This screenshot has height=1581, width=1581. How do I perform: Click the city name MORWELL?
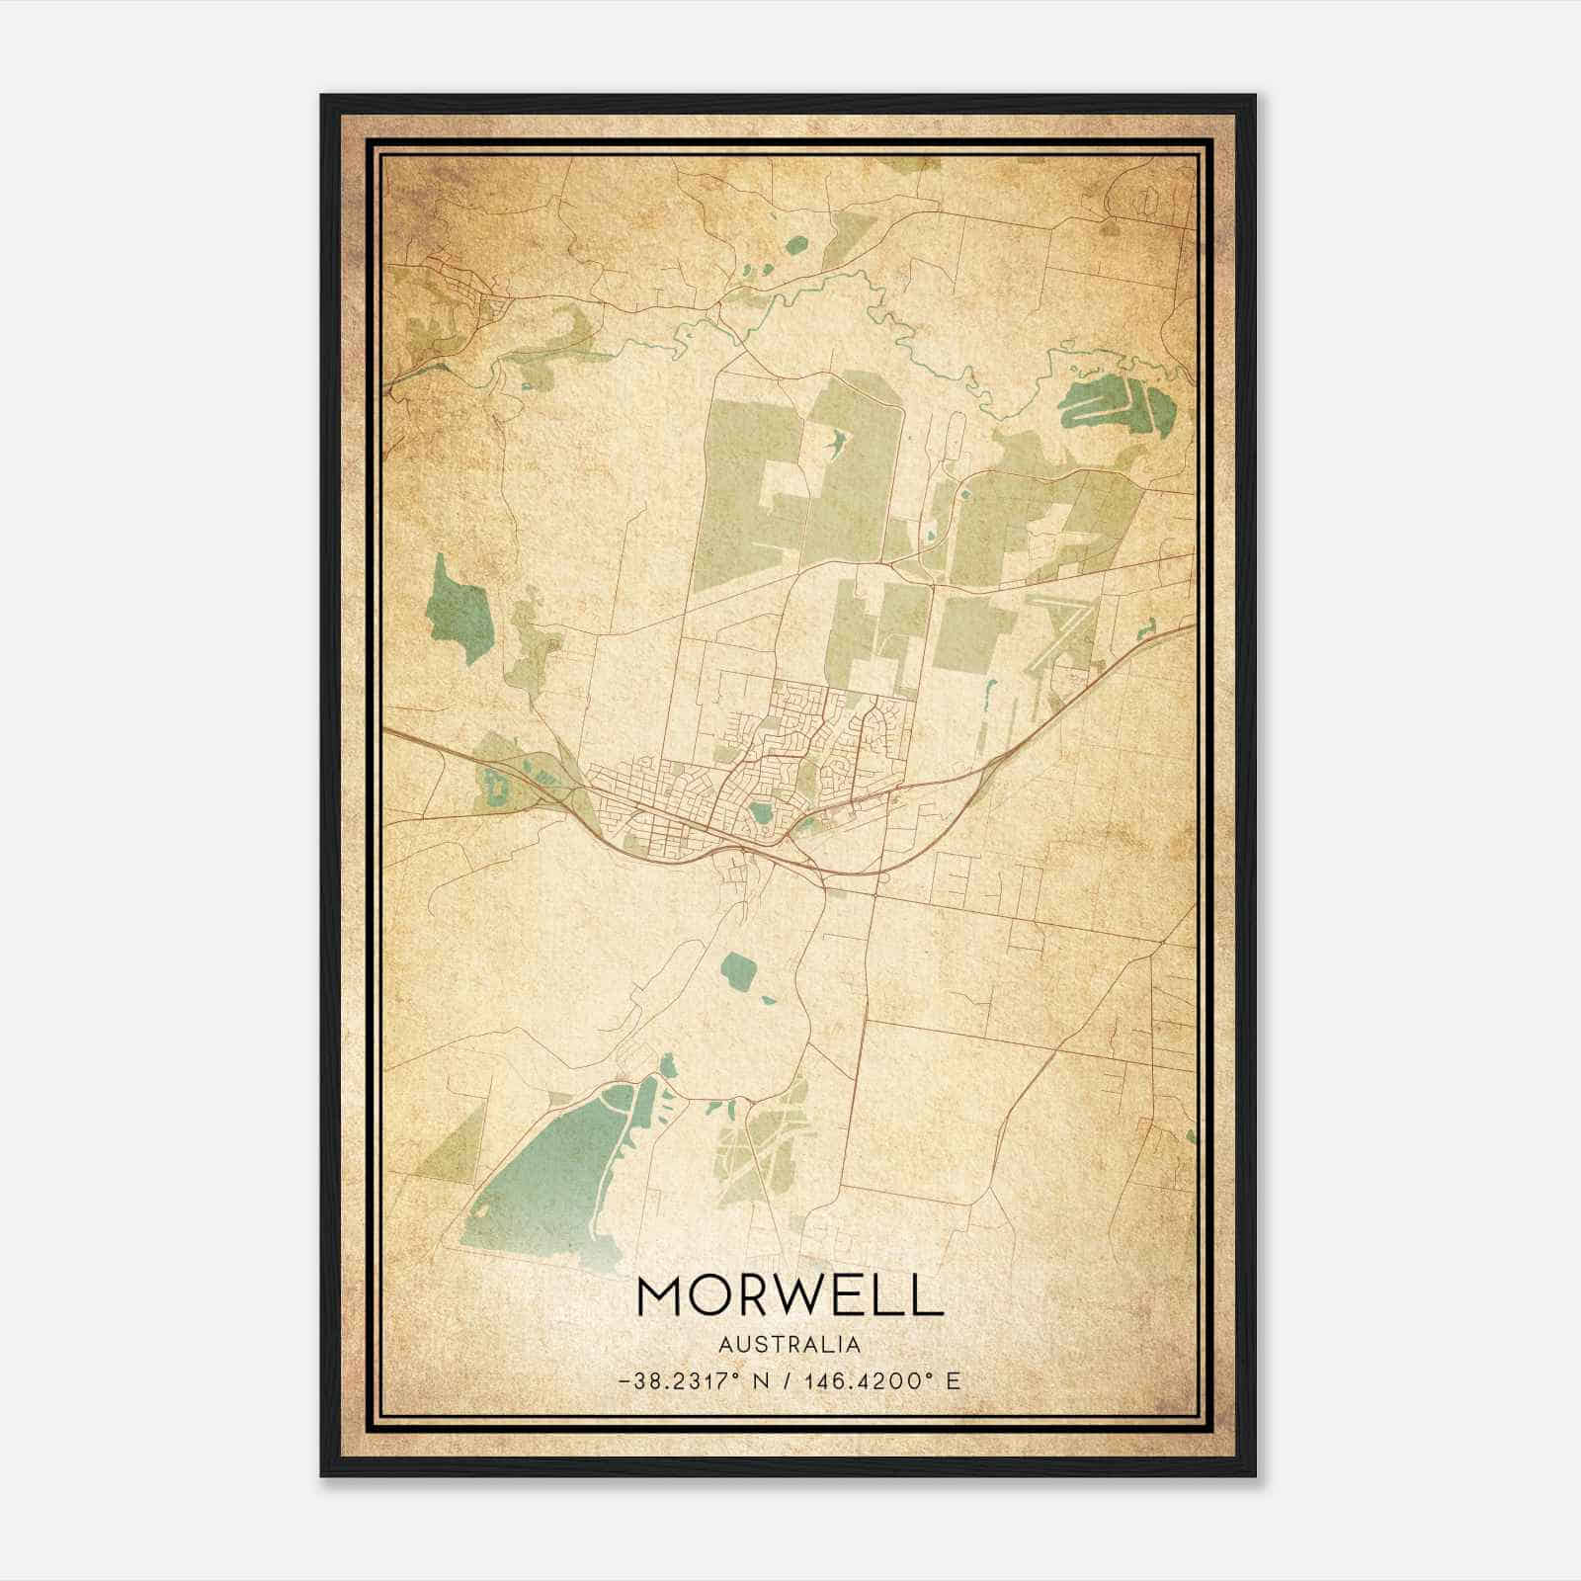click(790, 1295)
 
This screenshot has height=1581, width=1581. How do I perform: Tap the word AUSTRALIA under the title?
click(790, 1345)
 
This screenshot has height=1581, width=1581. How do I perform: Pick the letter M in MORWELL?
click(662, 1295)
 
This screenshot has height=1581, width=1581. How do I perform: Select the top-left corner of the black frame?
click(323, 97)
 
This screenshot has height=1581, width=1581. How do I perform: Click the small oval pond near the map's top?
click(796, 244)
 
